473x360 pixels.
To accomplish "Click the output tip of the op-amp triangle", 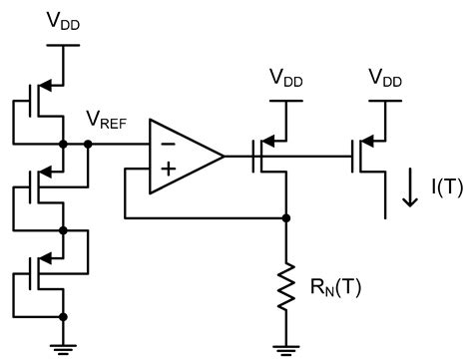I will click(224, 157).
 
